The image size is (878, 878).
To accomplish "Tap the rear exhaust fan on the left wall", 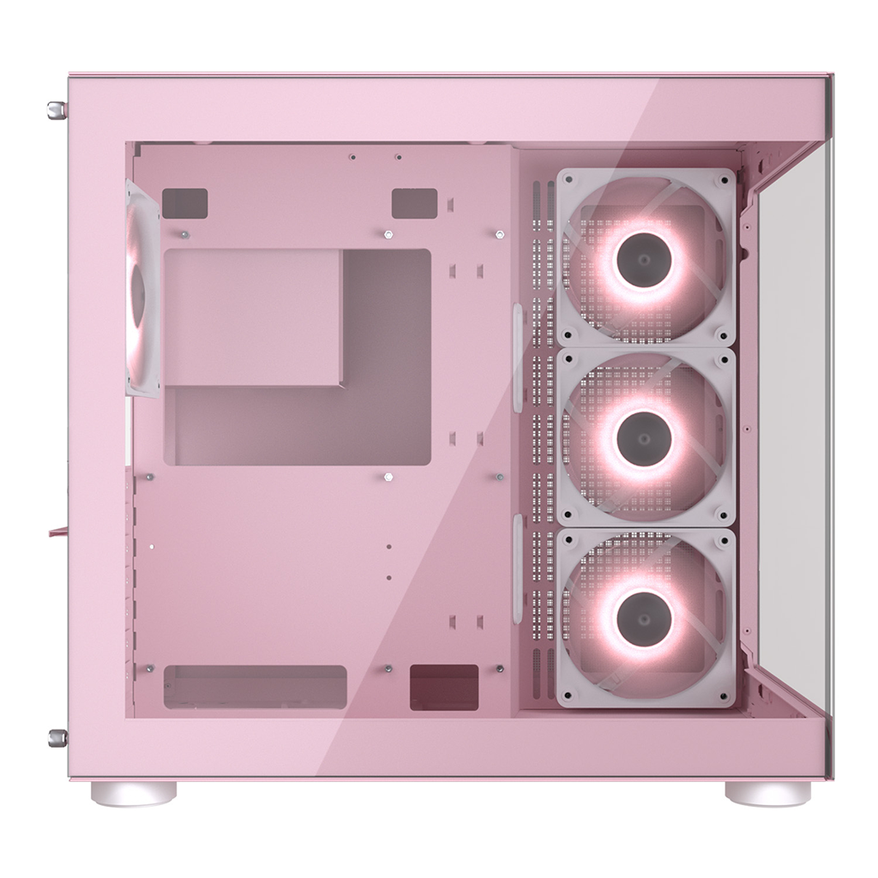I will point(141,287).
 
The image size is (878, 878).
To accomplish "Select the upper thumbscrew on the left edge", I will point(57,109).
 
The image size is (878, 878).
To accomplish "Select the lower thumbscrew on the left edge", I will point(57,737).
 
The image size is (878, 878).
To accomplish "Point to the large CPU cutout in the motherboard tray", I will point(297,357).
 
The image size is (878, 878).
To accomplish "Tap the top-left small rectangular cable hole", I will point(184,203).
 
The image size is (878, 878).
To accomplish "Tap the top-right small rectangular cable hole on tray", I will point(414,203).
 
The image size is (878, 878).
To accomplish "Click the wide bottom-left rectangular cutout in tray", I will point(255,686).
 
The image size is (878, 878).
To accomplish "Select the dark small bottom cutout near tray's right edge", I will point(444,686).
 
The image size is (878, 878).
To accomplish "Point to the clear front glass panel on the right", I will point(789,429).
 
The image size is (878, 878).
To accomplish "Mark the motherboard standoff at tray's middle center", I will point(388,477).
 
